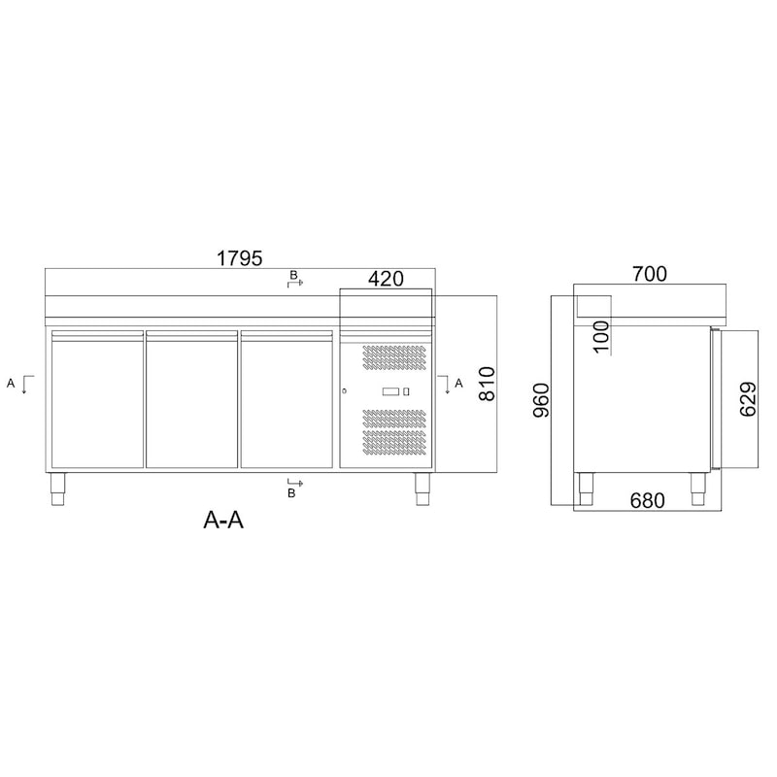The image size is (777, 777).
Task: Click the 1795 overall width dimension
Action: click(x=240, y=258)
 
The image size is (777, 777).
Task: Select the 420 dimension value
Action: click(x=386, y=280)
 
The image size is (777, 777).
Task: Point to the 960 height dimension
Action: click(x=542, y=400)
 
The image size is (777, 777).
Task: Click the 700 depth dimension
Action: click(x=649, y=275)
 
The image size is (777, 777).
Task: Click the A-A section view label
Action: click(x=222, y=521)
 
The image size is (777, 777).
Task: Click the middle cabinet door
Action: click(x=192, y=400)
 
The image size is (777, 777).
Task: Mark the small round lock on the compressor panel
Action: click(x=345, y=390)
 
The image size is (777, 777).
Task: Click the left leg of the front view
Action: click(x=57, y=489)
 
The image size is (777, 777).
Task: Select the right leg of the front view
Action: click(x=422, y=489)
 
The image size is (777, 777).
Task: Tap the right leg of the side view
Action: click(x=698, y=489)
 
